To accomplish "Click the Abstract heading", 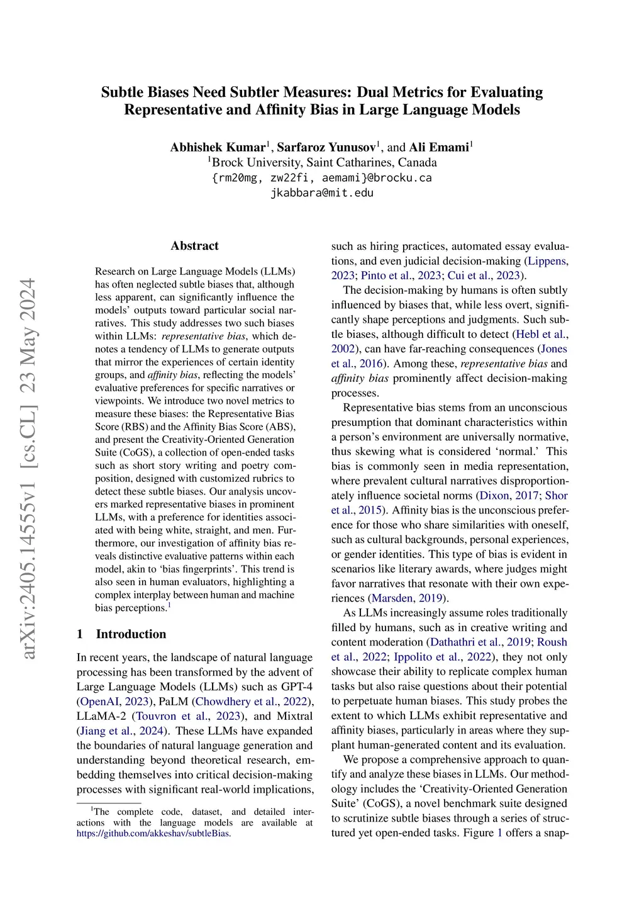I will pyautogui.click(x=194, y=246).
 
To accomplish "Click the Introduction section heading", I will pyautogui.click(x=131, y=634).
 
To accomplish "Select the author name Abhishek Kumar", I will pyautogui.click(x=218, y=147).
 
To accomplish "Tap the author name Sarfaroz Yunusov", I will pyautogui.click(x=326, y=147).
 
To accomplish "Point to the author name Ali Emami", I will pyautogui.click(x=439, y=147).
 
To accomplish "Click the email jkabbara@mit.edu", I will pyautogui.click(x=322, y=193).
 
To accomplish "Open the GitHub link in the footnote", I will pyautogui.click(x=153, y=834).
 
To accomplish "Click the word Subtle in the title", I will pyautogui.click(x=122, y=92).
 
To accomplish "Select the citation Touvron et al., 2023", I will pyautogui.click(x=189, y=716).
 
